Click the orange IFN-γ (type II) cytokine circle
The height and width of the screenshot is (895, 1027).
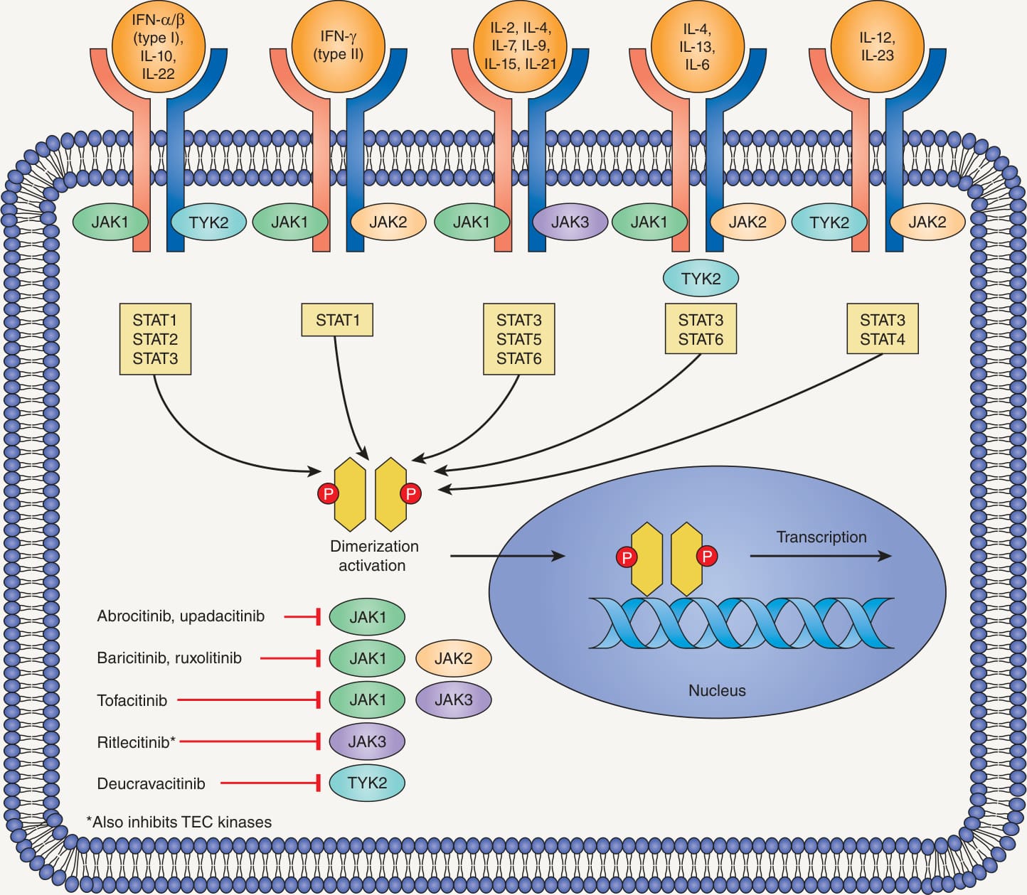pos(338,45)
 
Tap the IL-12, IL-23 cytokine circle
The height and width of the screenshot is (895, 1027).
pos(877,45)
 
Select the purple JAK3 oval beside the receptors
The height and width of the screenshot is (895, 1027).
pos(570,222)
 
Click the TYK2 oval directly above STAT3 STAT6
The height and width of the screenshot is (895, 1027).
pos(701,278)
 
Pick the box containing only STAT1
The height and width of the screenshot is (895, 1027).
pos(337,320)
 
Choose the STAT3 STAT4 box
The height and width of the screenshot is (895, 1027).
pos(883,328)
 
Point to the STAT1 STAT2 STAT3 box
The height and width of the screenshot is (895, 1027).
pos(155,338)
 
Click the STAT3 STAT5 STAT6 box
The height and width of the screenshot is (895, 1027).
pos(519,338)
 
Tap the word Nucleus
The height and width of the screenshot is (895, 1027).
pos(717,690)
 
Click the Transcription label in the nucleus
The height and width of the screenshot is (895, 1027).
pos(821,537)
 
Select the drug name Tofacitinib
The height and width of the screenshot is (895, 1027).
pos(132,700)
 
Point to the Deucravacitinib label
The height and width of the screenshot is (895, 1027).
pos(151,783)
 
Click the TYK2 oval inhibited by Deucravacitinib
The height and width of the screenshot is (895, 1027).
pos(367,783)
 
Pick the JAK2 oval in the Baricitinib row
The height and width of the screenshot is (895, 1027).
pos(453,658)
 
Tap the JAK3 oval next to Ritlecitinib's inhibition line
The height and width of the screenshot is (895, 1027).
pos(367,741)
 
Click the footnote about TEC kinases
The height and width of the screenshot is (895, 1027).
pos(179,822)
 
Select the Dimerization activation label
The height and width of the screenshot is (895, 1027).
pos(374,555)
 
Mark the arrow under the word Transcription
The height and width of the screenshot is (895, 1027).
pos(821,556)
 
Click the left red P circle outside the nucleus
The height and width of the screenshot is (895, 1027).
pos(329,493)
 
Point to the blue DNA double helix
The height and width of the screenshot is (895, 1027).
pos(741,623)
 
